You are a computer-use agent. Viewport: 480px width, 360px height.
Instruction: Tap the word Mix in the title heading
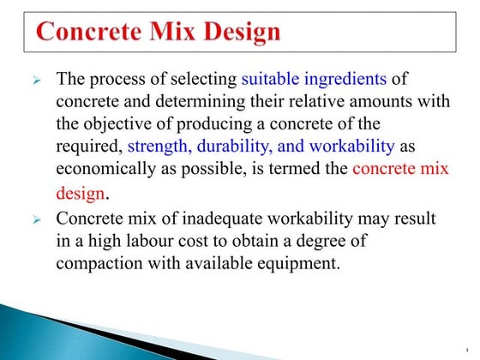(168, 33)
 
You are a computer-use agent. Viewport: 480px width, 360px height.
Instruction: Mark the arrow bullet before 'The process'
(37, 81)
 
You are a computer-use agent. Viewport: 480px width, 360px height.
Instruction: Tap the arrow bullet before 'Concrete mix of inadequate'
(37, 220)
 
